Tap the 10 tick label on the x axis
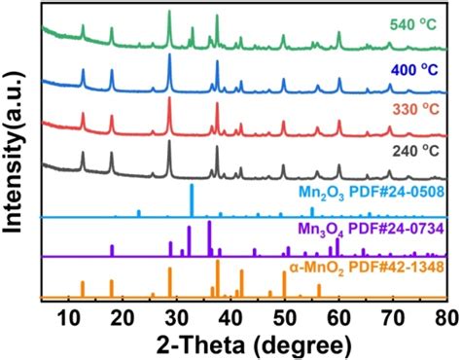pyautogui.click(x=68, y=316)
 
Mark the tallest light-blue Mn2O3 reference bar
pyautogui.click(x=192, y=199)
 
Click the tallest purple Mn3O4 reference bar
pyautogui.click(x=209, y=238)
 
